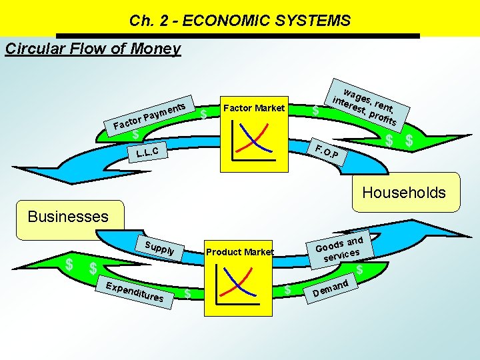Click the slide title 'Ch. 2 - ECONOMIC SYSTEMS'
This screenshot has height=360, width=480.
[240, 21]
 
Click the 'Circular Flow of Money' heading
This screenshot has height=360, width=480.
[93, 49]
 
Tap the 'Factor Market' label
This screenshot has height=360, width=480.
[254, 108]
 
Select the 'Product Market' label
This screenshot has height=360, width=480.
[240, 252]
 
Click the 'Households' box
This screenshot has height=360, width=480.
[403, 193]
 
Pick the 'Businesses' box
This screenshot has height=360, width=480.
[67, 217]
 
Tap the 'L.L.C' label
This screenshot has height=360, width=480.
[147, 153]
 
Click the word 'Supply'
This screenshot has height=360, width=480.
[159, 247]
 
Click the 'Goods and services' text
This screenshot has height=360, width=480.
[339, 248]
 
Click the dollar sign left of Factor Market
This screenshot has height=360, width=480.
[203, 115]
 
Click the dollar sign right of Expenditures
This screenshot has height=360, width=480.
[188, 293]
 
